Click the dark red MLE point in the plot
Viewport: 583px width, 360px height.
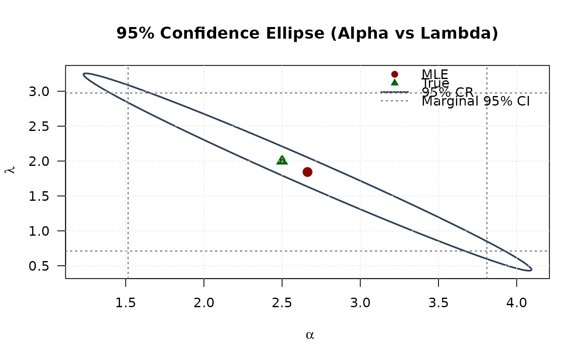[x=307, y=172]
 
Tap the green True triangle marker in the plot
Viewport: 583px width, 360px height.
[x=282, y=160]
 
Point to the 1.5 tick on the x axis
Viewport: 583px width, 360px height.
[x=125, y=303]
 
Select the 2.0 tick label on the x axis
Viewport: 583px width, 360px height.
[x=204, y=303]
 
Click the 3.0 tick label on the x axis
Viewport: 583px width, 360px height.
[x=360, y=303]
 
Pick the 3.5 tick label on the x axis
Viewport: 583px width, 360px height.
[x=438, y=303]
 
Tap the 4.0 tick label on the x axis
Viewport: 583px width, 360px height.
[x=517, y=303]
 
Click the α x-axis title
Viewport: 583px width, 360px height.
[x=309, y=335]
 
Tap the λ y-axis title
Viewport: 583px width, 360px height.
[x=11, y=170]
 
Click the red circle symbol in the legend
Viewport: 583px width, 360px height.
[x=395, y=74]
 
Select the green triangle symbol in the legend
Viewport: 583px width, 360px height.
[x=395, y=82]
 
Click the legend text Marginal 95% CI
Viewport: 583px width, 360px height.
[x=476, y=101]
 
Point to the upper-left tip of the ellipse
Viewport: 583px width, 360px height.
[x=85, y=74]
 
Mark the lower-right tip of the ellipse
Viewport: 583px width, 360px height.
[x=531, y=269]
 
